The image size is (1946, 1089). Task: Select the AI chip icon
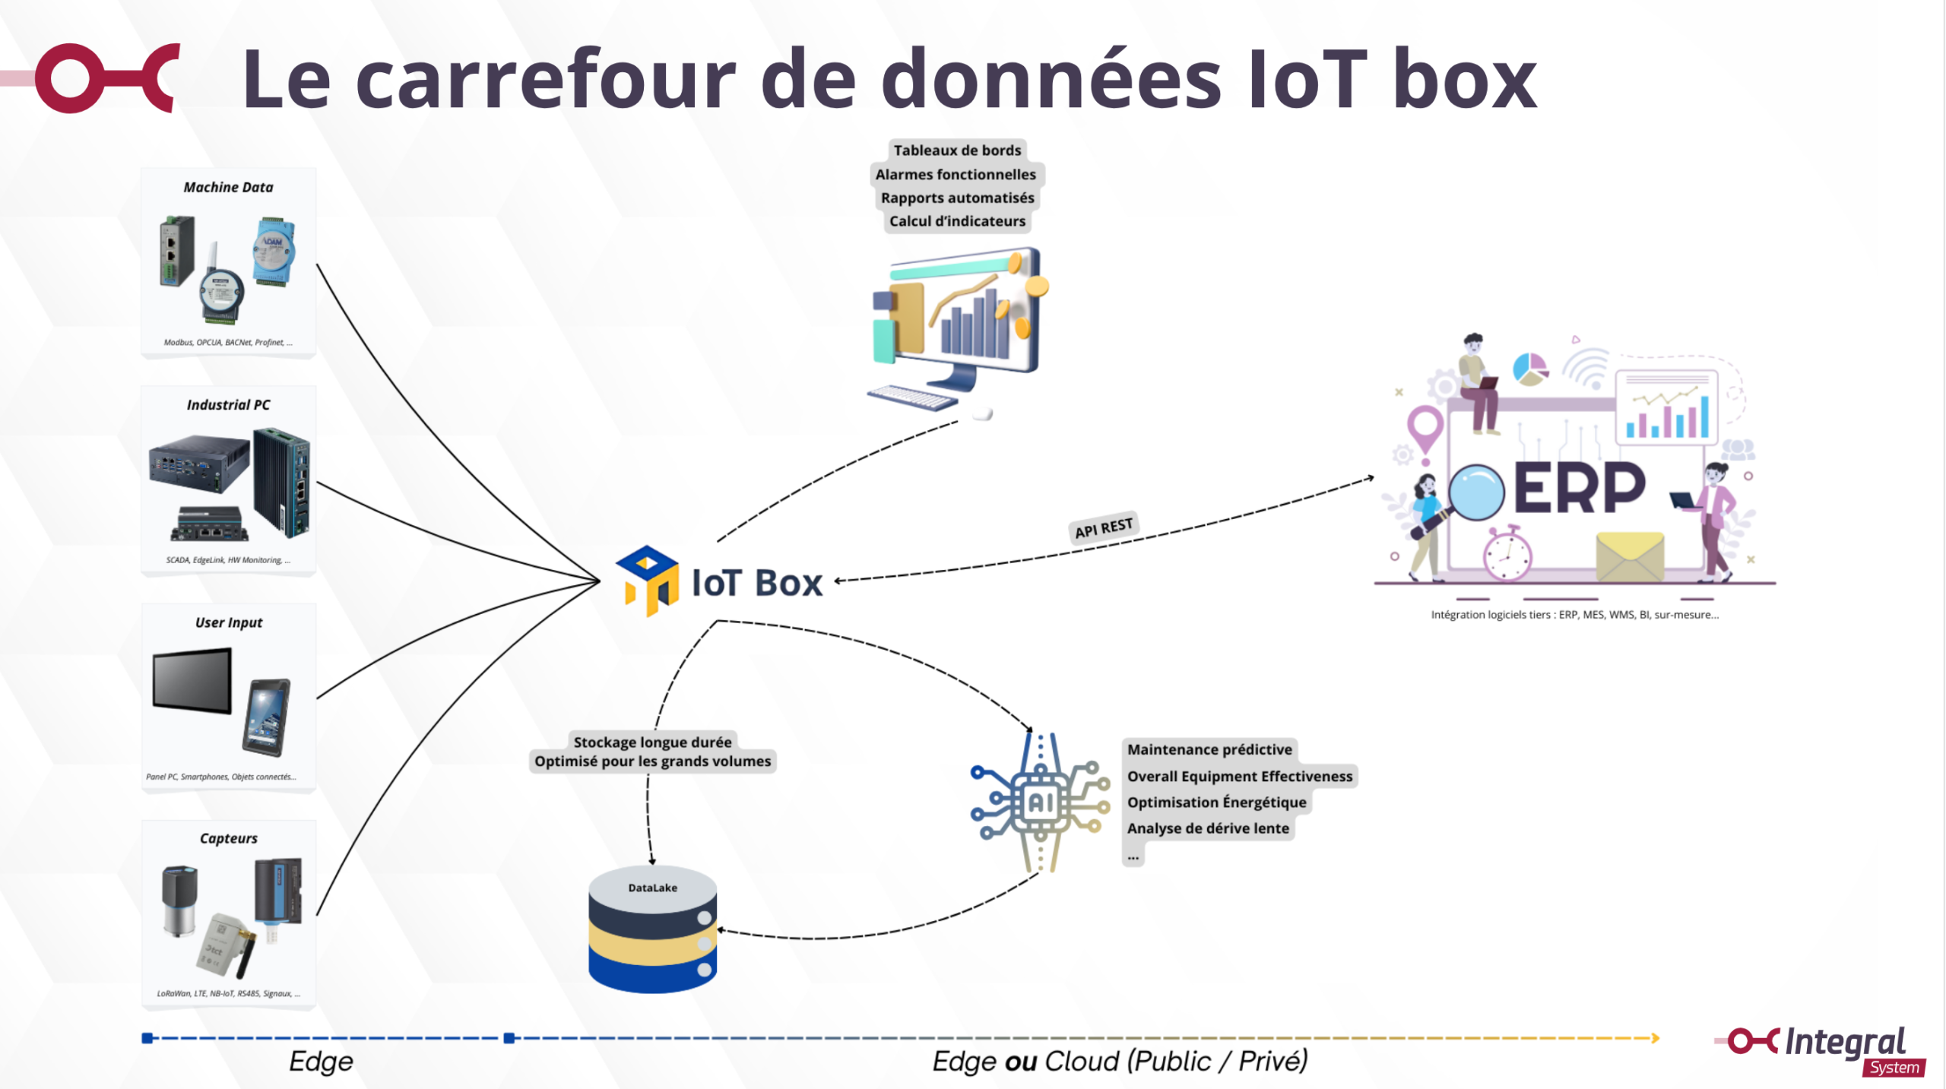(1039, 803)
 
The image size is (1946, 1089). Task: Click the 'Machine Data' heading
(228, 187)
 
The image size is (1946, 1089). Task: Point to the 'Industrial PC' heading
(228, 405)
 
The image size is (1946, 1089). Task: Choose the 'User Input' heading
(228, 622)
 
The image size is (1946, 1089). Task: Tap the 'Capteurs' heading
(228, 838)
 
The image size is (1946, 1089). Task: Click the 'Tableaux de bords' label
(957, 150)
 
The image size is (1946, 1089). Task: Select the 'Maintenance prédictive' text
(1209, 749)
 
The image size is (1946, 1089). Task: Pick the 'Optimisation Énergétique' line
(1216, 803)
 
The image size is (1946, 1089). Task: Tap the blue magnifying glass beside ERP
(1475, 492)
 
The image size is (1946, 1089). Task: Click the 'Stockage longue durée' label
(652, 742)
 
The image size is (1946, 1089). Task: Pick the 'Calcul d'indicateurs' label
(957, 221)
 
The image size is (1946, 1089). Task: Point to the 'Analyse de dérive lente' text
(1208, 828)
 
